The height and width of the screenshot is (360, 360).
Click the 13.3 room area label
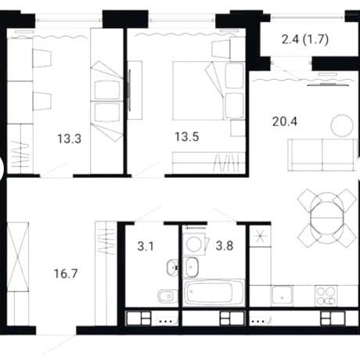70,139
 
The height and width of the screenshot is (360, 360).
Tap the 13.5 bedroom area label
187,137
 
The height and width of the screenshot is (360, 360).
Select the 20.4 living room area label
285,121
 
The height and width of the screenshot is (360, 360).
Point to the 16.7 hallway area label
66,274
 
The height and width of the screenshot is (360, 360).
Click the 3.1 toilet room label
146,247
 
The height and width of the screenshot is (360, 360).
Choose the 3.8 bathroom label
225,246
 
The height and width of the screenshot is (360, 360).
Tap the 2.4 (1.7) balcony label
305,40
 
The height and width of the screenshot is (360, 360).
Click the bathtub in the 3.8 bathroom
214,292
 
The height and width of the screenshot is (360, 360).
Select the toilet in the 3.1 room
167,297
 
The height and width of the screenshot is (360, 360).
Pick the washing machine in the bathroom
195,244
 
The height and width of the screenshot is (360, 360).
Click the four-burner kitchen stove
326,296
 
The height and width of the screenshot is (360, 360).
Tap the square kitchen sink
282,296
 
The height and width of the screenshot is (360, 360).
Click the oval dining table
326,218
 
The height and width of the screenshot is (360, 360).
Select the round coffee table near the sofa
342,125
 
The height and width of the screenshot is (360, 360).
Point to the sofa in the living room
322,155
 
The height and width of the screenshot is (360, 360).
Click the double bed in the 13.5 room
209,91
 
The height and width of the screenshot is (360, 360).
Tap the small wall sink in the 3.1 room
172,268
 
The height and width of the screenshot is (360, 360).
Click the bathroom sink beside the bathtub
192,267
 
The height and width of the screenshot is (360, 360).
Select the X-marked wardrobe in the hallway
18,256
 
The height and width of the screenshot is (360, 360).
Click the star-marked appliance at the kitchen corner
261,236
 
